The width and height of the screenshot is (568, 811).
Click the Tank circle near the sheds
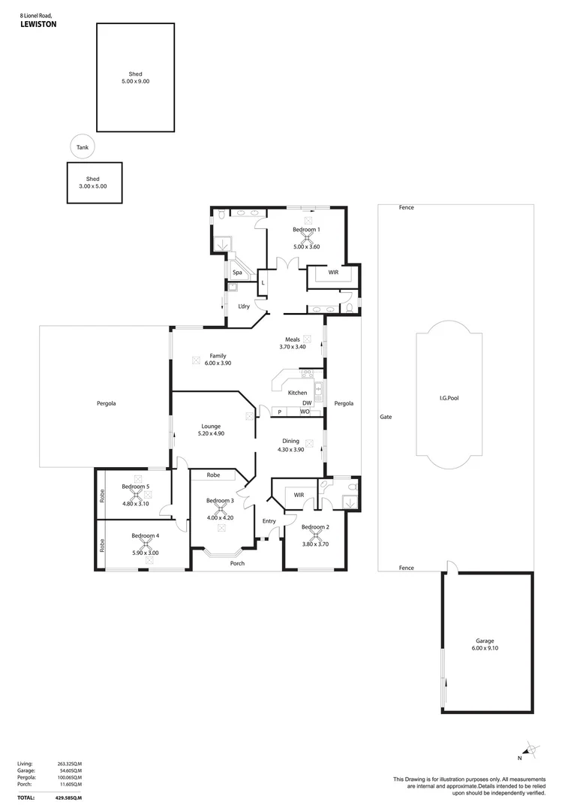click(83, 147)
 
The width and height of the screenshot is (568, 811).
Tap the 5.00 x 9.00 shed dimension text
click(135, 81)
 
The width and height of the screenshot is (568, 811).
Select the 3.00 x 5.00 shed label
click(93, 185)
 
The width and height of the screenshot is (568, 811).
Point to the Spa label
click(236, 273)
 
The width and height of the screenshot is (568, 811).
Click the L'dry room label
click(244, 306)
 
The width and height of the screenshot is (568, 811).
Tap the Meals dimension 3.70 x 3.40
click(293, 347)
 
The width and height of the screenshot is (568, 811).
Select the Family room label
click(218, 356)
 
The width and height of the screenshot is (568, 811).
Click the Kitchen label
click(298, 393)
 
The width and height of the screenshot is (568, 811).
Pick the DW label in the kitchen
click(306, 402)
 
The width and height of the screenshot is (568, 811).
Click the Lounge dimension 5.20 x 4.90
click(211, 433)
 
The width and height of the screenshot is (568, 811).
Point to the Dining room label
click(290, 441)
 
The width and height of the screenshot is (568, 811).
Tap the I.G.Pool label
click(448, 397)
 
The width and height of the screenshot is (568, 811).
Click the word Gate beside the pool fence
click(386, 417)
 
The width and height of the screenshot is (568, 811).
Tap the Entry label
click(269, 521)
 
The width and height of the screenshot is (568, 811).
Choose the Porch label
click(237, 563)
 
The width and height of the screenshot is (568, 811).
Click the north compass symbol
click(530, 749)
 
